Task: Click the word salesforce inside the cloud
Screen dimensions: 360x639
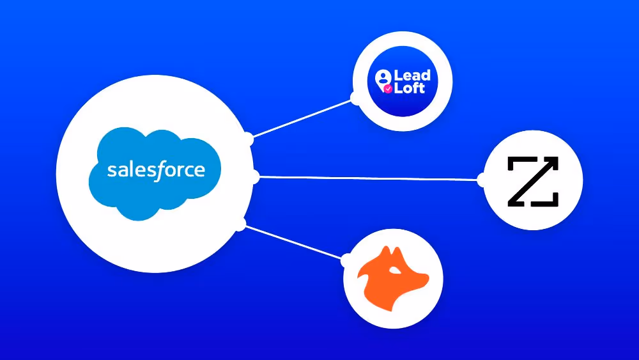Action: [156, 170]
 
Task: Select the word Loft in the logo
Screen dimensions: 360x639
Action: [410, 88]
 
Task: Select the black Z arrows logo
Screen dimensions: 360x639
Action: [533, 181]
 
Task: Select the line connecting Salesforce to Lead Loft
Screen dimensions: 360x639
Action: [304, 117]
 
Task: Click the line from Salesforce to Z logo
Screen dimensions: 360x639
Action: [367, 178]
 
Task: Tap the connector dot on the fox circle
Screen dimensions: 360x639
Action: [346, 260]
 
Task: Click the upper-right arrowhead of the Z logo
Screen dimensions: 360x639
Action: [553, 162]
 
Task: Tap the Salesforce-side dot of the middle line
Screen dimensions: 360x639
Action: [254, 177]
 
